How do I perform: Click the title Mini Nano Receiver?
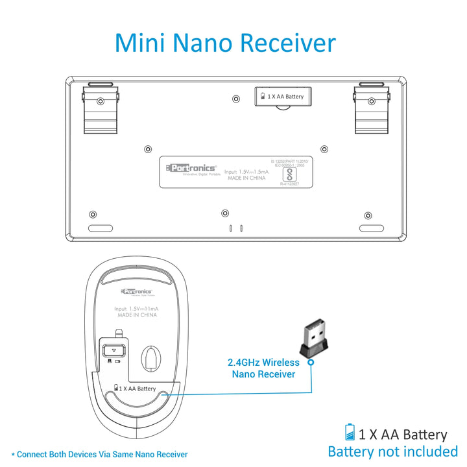[x=225, y=43]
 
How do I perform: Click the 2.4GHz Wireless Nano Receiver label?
[x=263, y=368]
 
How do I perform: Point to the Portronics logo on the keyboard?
[x=191, y=168]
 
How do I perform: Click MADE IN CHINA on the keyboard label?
[x=246, y=178]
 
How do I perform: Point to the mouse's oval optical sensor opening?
[x=153, y=358]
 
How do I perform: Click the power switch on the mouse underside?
[x=114, y=350]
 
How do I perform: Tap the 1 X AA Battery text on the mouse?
[x=136, y=389]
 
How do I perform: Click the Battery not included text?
[x=393, y=451]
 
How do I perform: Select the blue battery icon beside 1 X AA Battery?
[x=350, y=433]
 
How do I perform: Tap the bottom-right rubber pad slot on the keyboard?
[x=372, y=229]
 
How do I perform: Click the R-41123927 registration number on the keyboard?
[x=291, y=184]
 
